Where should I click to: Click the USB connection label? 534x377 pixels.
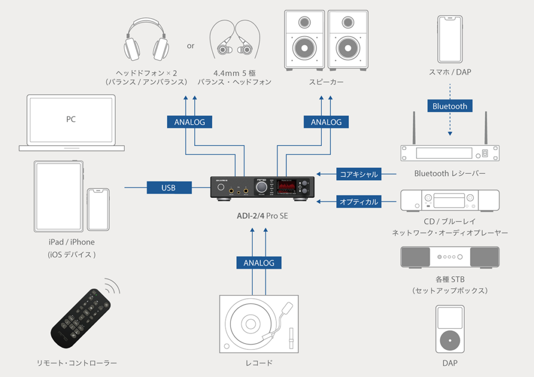[x=168, y=187]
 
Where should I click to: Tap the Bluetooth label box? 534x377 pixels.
[x=450, y=106]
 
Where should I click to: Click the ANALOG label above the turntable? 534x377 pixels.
[x=259, y=262]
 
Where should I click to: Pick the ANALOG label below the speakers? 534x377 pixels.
[x=326, y=122]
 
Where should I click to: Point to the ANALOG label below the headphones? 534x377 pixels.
[x=189, y=122]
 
